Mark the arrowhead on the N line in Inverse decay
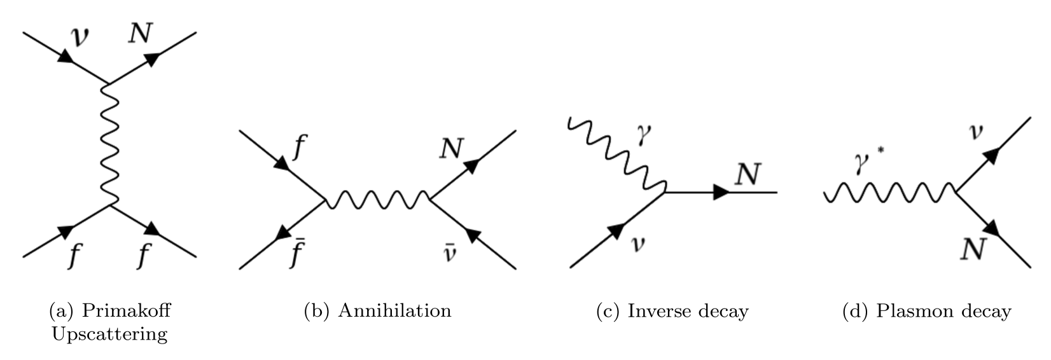pos(721,192)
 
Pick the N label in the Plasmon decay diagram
pos(973,249)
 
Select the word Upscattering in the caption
pos(109,334)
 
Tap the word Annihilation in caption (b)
pos(395,310)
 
